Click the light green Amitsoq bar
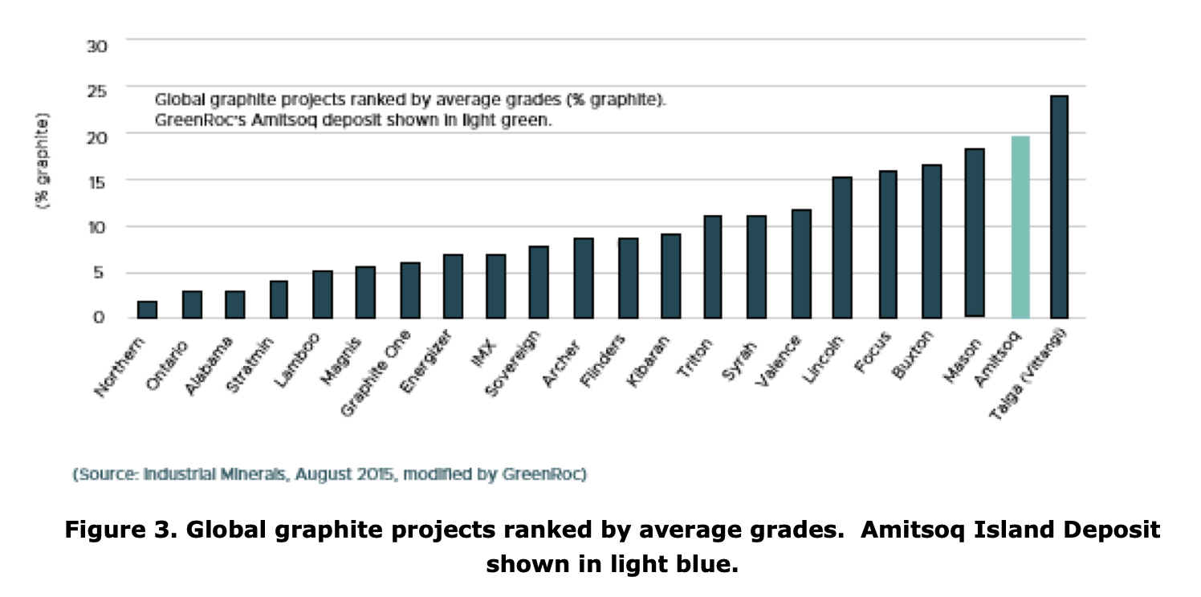[1020, 227]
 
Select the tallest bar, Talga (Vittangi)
[1059, 207]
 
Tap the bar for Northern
[148, 310]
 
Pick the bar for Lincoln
[841, 247]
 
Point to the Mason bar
[975, 233]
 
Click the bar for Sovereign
[539, 282]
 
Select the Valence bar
[800, 263]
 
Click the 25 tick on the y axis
[96, 91]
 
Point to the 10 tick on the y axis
[96, 227]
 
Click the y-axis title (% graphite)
[42, 160]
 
